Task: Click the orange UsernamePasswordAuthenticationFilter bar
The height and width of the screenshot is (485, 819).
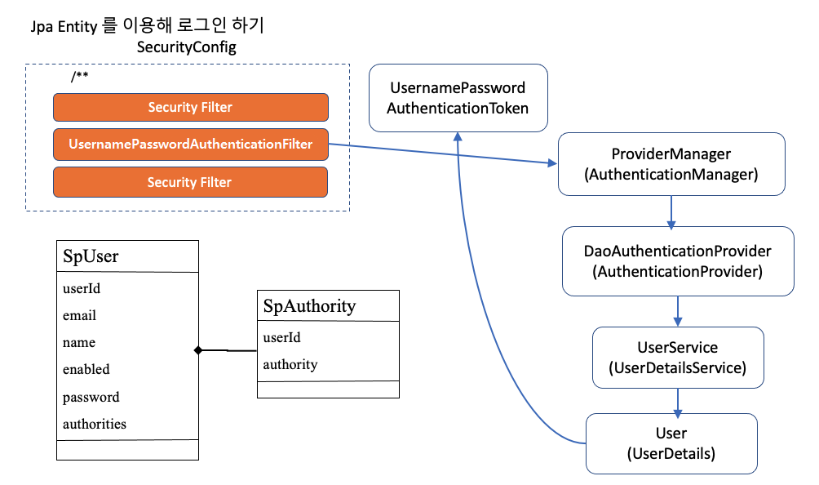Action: [x=190, y=144]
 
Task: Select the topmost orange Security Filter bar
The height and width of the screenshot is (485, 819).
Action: [x=190, y=107]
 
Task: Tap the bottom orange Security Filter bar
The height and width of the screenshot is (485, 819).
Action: [x=190, y=182]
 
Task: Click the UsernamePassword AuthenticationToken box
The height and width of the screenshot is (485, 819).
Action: [x=458, y=98]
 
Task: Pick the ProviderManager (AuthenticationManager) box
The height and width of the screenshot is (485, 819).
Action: [x=671, y=164]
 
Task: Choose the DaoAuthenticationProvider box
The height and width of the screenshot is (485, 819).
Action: [x=678, y=261]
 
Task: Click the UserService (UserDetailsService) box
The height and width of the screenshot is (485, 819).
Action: [x=677, y=358]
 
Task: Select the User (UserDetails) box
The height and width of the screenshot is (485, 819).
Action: [x=671, y=443]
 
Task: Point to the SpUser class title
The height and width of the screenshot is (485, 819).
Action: [x=91, y=256]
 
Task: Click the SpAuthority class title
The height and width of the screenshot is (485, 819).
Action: [x=309, y=306]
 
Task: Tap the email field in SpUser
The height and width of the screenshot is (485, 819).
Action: [x=79, y=315]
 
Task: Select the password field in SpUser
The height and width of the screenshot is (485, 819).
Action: [x=91, y=397]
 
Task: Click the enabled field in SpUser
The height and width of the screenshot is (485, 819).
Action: [x=86, y=369]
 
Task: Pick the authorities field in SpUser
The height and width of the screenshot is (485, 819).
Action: [x=94, y=424]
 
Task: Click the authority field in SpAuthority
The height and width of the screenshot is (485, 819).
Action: [x=290, y=364]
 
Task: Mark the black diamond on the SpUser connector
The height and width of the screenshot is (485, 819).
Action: [x=197, y=350]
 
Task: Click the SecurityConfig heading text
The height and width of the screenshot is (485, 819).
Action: [x=187, y=47]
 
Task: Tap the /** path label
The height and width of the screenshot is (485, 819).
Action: [x=79, y=77]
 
